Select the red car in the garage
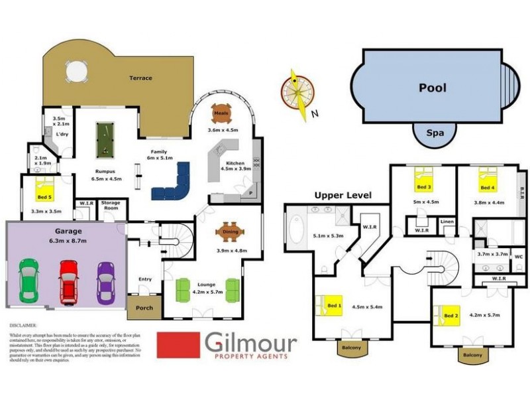click(69, 279)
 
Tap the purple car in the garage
click(106, 281)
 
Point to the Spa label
click(435, 133)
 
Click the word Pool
click(432, 88)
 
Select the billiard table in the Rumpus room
click(103, 139)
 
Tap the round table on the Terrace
click(76, 70)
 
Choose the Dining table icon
click(231, 232)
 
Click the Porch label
click(144, 308)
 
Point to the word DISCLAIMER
click(25, 326)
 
